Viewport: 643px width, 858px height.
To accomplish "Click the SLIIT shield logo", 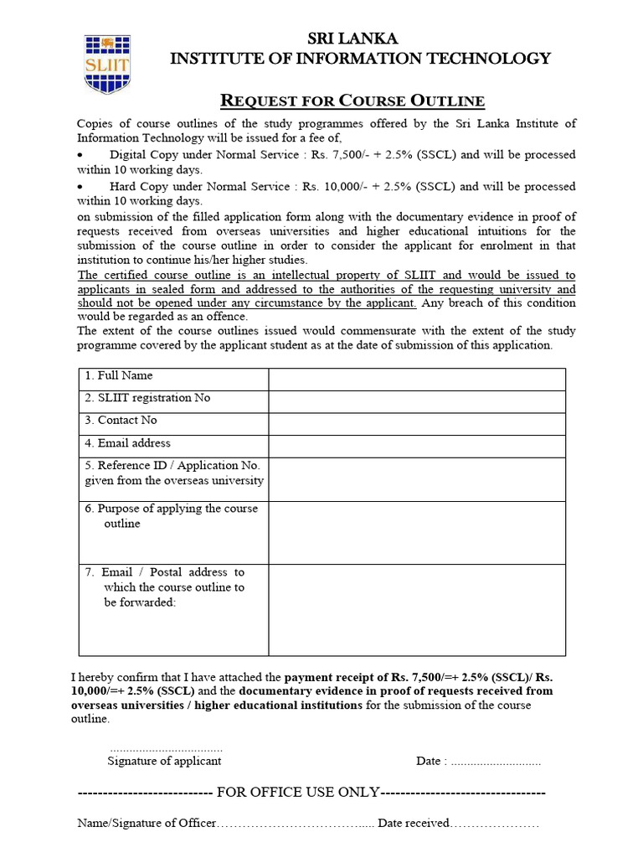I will point(106,64).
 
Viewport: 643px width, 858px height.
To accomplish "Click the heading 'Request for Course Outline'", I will point(352,101).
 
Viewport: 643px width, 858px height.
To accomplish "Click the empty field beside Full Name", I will point(416,379).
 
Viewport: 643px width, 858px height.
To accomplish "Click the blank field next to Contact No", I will point(416,424).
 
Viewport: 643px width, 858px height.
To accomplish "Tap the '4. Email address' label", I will point(127,443).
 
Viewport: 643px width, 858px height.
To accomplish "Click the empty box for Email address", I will point(416,446).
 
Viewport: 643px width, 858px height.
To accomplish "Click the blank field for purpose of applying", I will point(416,533).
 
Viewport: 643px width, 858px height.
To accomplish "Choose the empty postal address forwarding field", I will point(416,609).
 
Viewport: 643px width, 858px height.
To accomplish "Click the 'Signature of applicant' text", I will point(164,761).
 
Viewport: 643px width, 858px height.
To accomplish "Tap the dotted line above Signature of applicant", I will point(166,747).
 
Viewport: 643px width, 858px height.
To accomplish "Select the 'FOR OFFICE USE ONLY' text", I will point(298,793).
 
